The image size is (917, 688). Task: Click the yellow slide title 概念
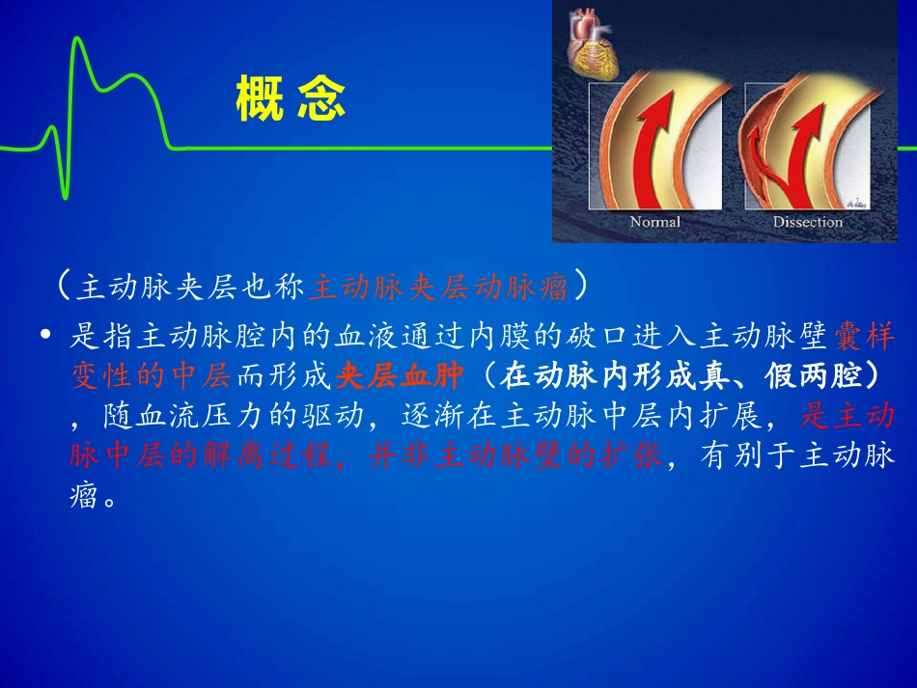[x=291, y=100]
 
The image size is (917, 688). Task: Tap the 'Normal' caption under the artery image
[x=654, y=222]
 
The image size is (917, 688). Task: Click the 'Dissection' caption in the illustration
[x=807, y=222]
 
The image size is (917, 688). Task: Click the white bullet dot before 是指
[x=45, y=337]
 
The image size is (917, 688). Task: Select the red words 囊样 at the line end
[x=861, y=337]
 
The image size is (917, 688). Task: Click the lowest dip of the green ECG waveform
[x=67, y=197]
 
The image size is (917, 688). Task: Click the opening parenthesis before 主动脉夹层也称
[x=64, y=287]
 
